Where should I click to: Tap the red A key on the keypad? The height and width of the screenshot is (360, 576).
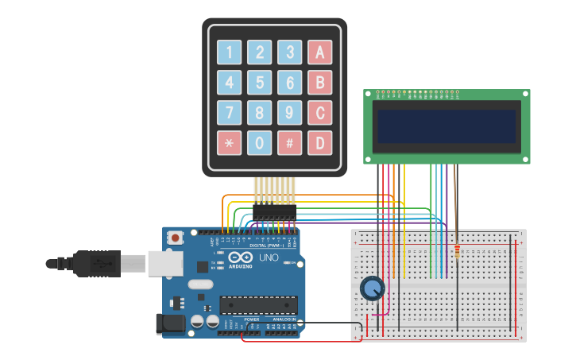click(x=319, y=52)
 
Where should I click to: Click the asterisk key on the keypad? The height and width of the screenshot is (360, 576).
click(x=229, y=143)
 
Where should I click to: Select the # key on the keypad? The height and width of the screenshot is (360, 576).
click(x=289, y=143)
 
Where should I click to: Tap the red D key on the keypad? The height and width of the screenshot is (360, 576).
click(x=319, y=143)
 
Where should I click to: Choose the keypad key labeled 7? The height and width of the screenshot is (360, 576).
click(x=229, y=113)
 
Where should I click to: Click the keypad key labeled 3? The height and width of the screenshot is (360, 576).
click(x=289, y=52)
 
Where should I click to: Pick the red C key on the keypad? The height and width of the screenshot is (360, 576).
click(x=319, y=113)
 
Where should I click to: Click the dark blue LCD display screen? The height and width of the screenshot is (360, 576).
click(x=446, y=126)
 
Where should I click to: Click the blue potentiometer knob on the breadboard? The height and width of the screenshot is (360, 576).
click(x=372, y=288)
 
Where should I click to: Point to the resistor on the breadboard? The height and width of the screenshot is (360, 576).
click(x=457, y=253)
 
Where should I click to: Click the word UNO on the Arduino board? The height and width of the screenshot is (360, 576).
click(x=269, y=257)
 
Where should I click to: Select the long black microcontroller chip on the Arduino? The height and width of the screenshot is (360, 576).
click(x=258, y=304)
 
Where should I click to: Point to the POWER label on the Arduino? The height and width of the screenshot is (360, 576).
click(x=252, y=319)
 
